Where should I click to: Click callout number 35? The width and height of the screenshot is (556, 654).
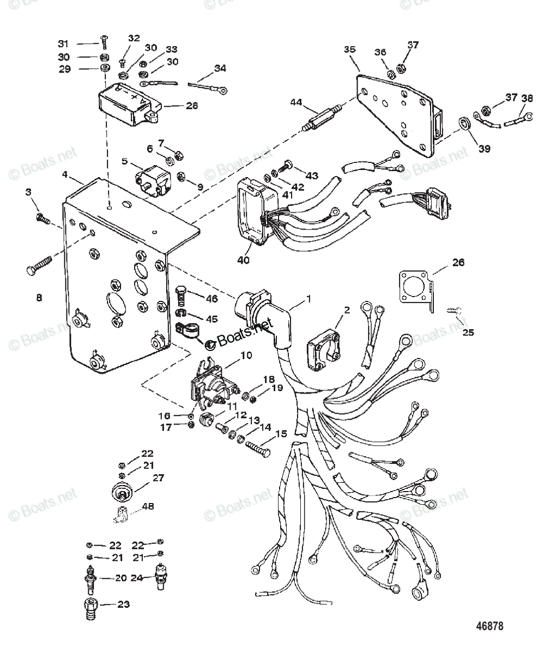tap(349, 49)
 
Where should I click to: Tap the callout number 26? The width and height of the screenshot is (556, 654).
tap(458, 263)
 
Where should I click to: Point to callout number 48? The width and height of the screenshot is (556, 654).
tap(148, 506)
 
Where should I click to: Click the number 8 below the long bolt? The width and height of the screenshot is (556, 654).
tap(39, 298)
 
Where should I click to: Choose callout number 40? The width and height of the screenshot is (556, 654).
tap(243, 260)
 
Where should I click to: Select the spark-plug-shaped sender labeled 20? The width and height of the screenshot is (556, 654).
tap(89, 577)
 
